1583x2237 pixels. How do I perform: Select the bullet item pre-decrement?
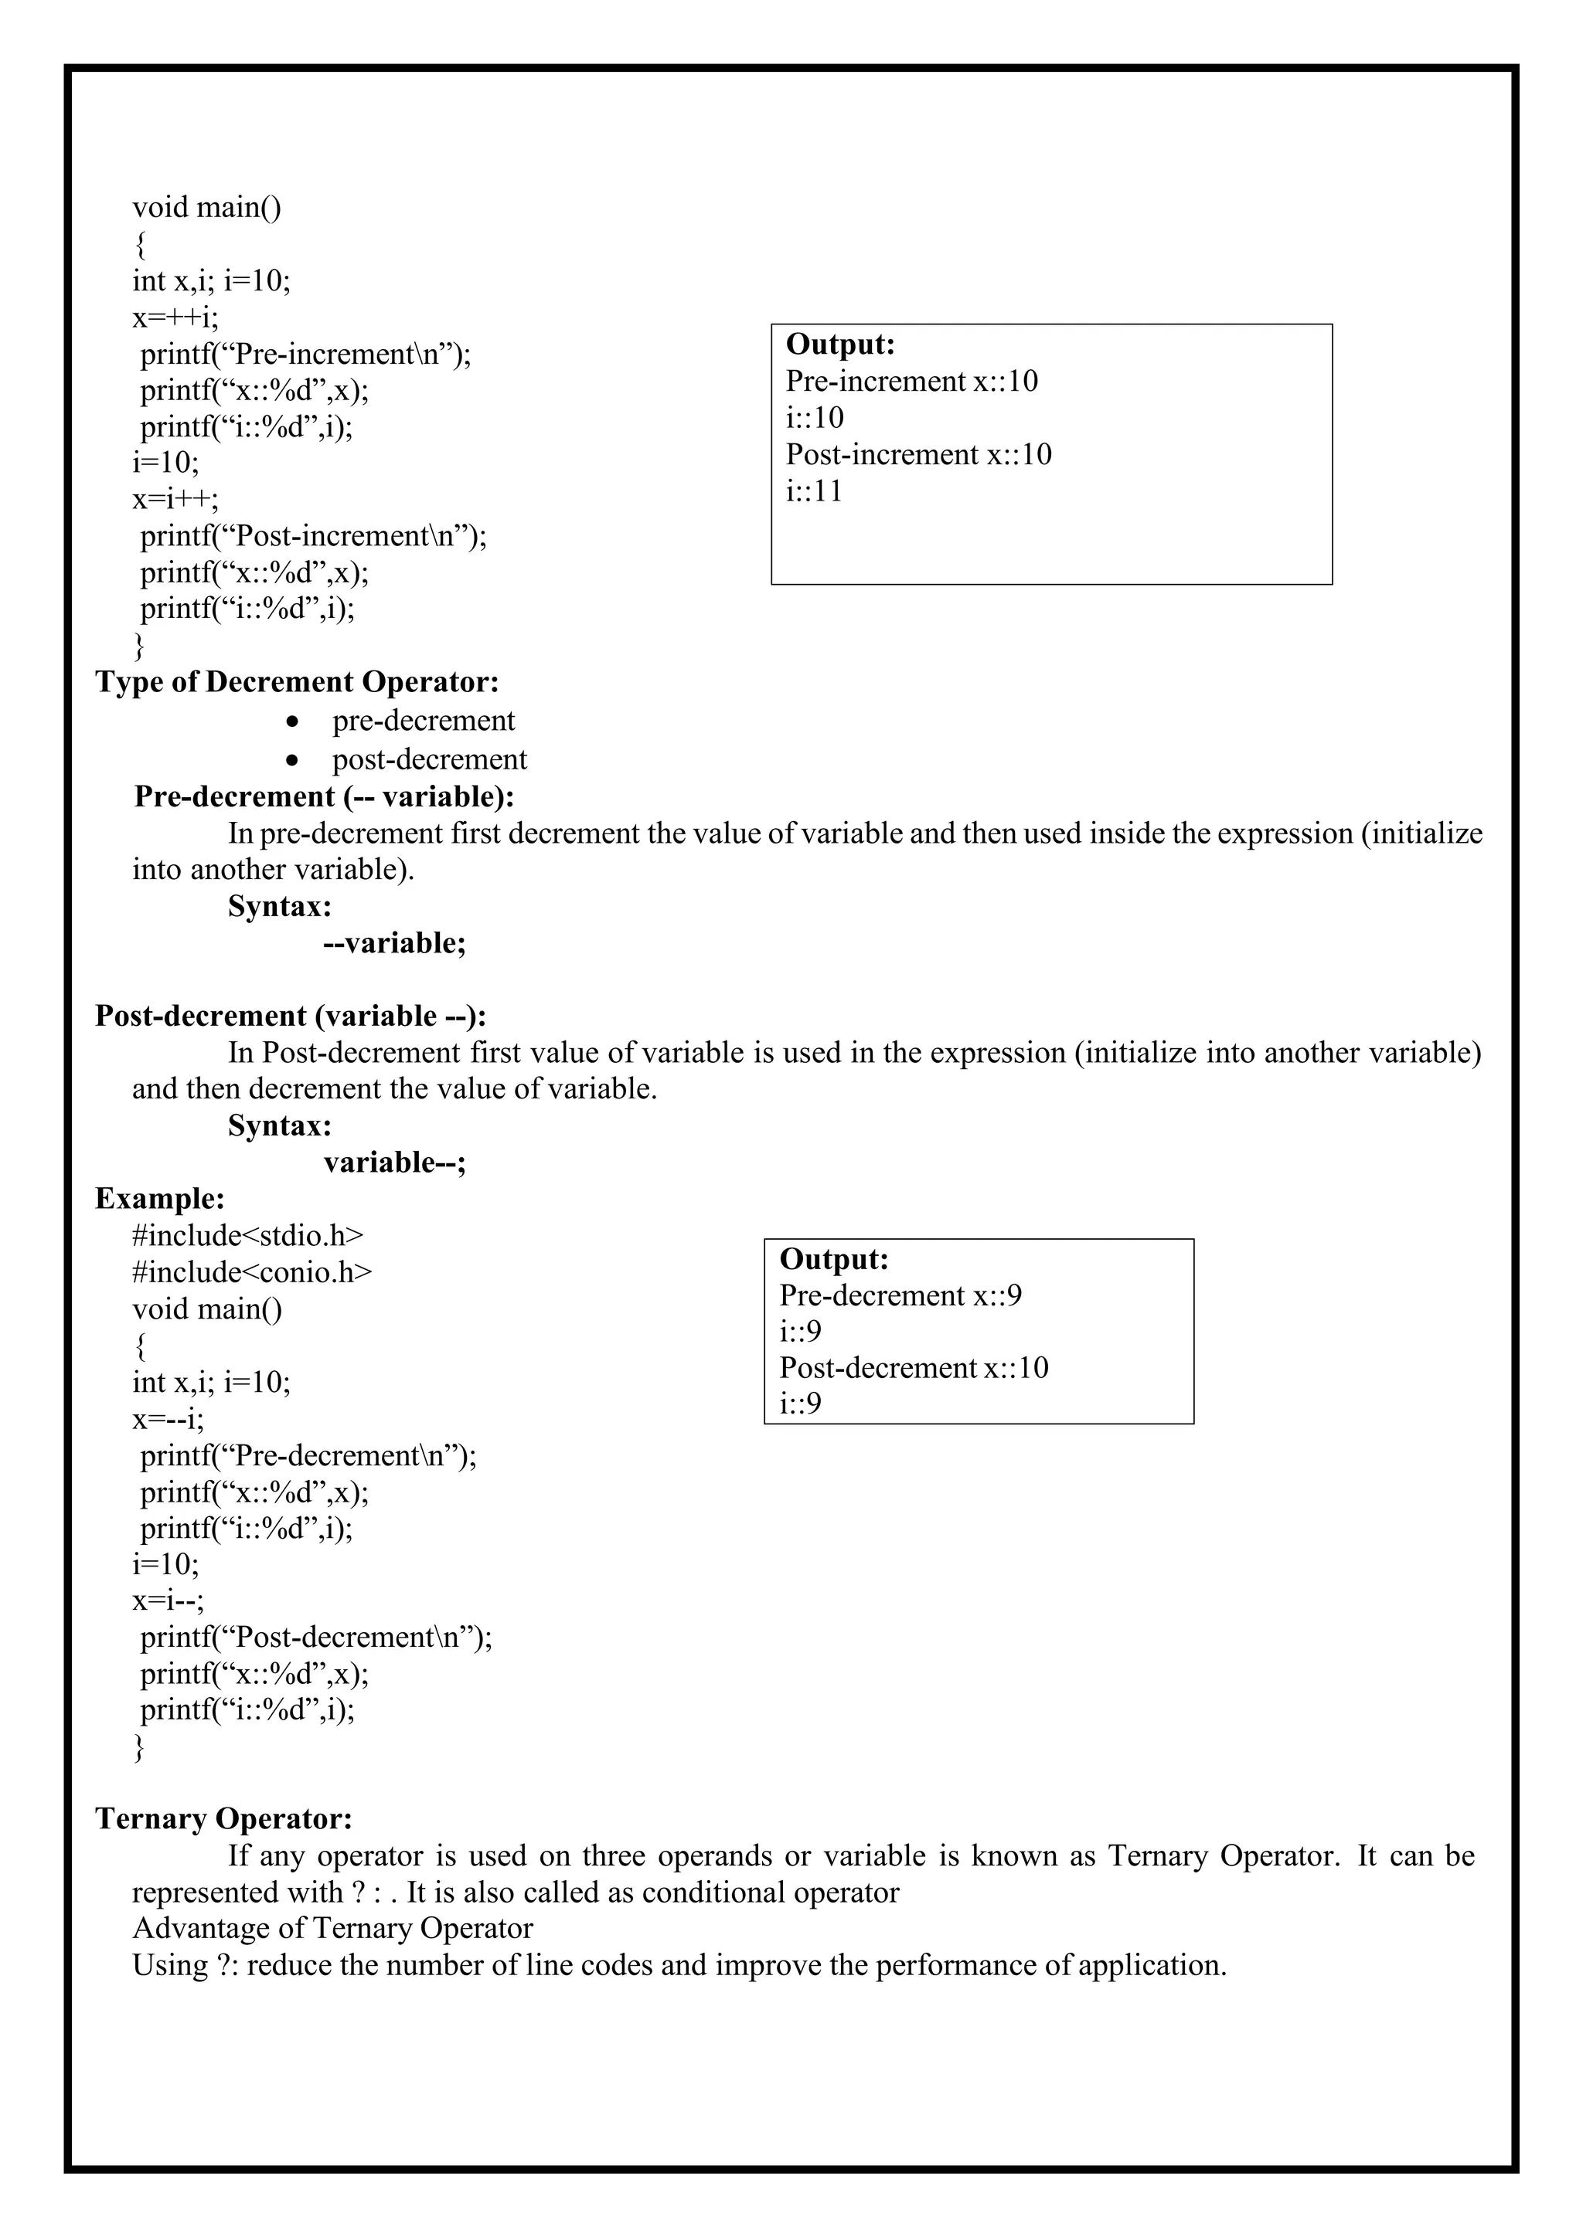pos(422,721)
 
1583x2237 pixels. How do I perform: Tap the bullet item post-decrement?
pos(429,759)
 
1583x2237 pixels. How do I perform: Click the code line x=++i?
pos(175,317)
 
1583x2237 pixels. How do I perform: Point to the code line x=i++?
pos(175,499)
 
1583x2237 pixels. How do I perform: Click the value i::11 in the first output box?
pos(814,491)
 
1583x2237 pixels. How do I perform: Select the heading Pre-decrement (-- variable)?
pos(324,797)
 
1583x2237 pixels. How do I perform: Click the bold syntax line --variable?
pos(395,943)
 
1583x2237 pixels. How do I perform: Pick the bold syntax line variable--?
pos(395,1163)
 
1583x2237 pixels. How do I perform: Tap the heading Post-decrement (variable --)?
pos(291,1017)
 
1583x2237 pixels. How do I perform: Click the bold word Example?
pos(160,1198)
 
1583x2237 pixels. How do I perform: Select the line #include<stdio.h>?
pos(247,1235)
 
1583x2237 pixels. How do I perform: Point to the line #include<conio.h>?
pos(251,1272)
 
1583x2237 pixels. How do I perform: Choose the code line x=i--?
pos(169,1601)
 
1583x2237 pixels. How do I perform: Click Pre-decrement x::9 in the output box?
pos(900,1296)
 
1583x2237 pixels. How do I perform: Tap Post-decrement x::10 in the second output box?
pos(914,1368)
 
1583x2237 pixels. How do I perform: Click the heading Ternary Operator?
pos(223,1819)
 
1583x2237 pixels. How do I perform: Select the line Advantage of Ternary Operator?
pos(332,1928)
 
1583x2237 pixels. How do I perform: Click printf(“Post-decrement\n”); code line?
pos(316,1637)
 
